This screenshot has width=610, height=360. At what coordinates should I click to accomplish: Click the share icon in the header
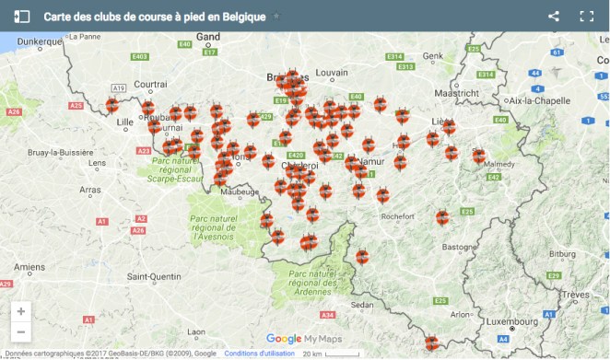[554, 16]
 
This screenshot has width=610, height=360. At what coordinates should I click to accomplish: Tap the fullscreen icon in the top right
[586, 16]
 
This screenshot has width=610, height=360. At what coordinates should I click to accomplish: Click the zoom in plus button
[21, 311]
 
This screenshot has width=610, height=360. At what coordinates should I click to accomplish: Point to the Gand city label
[208, 37]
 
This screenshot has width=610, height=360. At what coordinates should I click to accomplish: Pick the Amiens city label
[29, 267]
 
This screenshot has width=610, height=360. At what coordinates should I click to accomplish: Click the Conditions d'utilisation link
[259, 353]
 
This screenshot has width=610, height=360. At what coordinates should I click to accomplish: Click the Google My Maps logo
[304, 339]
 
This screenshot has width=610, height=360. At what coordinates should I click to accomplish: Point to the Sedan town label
[362, 304]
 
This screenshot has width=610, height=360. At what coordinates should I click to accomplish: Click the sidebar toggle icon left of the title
[22, 16]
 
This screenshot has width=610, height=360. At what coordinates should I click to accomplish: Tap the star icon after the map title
[276, 17]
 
